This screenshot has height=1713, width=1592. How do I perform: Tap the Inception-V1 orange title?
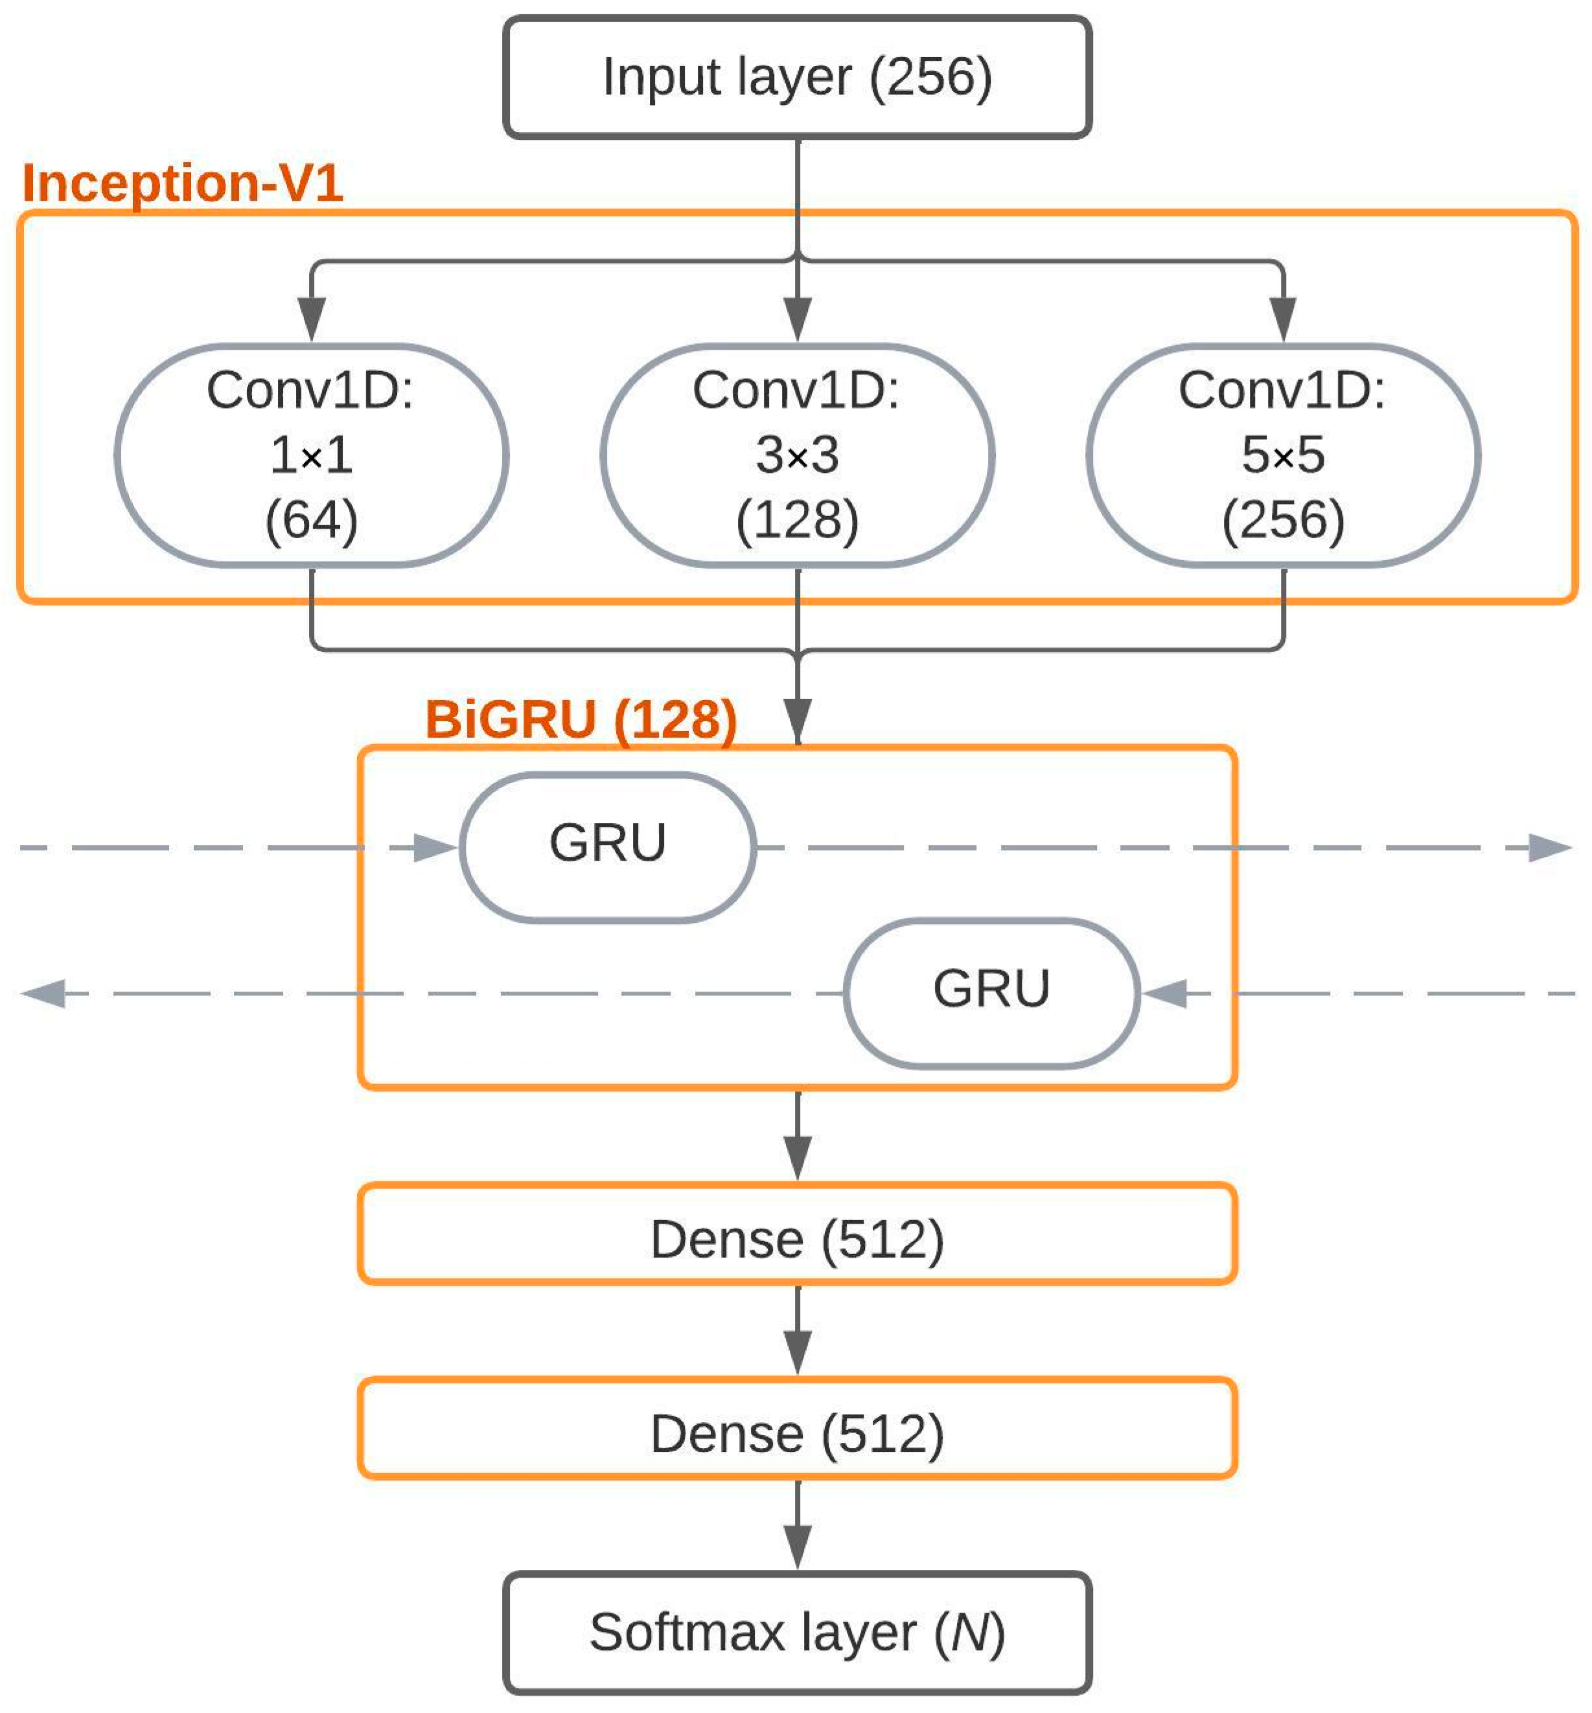coord(183,183)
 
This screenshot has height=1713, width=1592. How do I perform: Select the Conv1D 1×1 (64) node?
coord(311,455)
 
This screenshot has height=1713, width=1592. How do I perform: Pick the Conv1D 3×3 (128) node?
coord(797,455)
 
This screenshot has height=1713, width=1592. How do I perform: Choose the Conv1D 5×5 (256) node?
coord(1283,455)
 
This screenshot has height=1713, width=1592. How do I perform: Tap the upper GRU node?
coord(607,848)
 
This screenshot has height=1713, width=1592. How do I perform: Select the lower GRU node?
coord(991,993)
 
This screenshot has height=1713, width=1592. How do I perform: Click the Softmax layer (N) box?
coord(797,1633)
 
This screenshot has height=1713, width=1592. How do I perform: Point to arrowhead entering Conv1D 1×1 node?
coord(311,319)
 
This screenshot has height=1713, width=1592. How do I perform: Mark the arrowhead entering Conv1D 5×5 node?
coord(1283,319)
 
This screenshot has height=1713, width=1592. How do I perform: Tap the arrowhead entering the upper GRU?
coord(434,848)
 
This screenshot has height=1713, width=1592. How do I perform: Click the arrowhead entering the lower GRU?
coord(1165,993)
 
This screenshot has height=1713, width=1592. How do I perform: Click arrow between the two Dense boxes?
coord(797,1331)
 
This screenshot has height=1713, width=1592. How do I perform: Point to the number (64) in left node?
coord(311,520)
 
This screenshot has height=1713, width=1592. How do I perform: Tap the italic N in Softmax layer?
coord(969,1633)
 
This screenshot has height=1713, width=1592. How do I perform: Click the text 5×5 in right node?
coord(1283,455)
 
